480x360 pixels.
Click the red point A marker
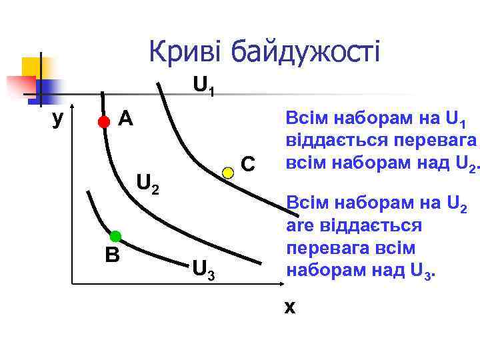tap(103, 121)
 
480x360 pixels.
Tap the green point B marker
tap(115, 235)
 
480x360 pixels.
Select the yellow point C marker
tap(228, 173)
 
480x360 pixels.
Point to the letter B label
tap(111, 255)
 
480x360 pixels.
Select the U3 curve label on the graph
tap(203, 269)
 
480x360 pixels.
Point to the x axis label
tap(290, 307)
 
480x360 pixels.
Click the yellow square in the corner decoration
tap(31, 67)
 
